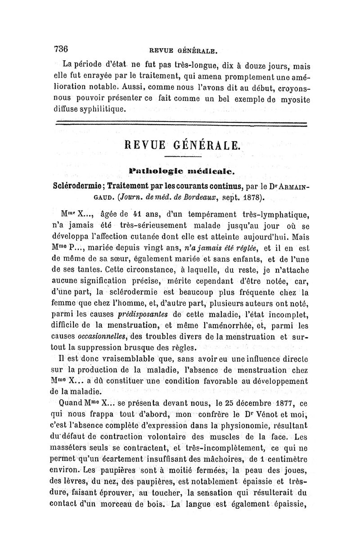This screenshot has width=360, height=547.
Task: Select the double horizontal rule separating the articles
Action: (x=180, y=124)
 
